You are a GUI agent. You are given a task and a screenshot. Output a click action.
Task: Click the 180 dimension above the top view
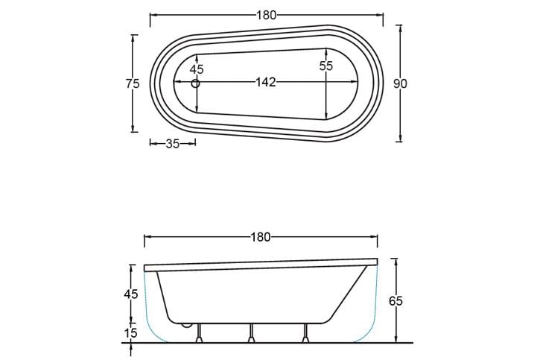click(267, 15)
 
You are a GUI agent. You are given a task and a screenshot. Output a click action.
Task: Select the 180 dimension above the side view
click(261, 237)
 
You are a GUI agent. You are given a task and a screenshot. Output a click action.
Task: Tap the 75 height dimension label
click(133, 83)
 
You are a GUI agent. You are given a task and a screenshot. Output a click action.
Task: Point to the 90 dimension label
click(400, 83)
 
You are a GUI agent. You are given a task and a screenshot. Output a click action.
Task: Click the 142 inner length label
click(265, 82)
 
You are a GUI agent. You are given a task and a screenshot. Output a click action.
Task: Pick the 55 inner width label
click(325, 66)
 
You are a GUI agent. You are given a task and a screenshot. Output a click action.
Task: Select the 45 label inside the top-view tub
click(197, 69)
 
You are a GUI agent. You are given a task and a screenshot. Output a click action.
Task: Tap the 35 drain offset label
click(173, 144)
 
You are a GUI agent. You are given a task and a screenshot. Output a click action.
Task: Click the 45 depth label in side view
click(131, 294)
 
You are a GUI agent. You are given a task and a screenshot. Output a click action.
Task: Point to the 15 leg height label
click(131, 332)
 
